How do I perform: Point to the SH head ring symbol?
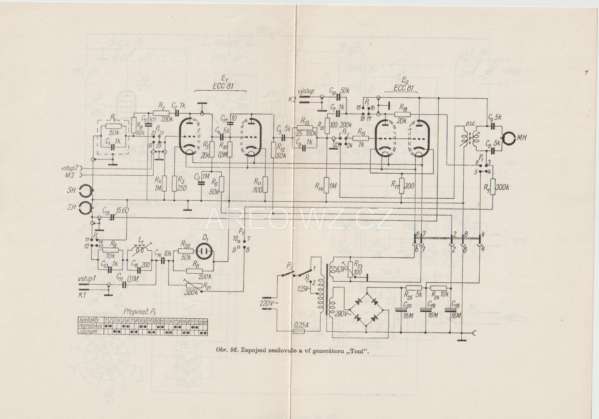click(x=86, y=191)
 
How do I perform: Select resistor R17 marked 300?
click(x=402, y=186)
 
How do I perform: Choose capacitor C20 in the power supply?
click(x=401, y=310)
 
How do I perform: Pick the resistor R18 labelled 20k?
click(x=402, y=114)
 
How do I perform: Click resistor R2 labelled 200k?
click(x=161, y=113)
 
